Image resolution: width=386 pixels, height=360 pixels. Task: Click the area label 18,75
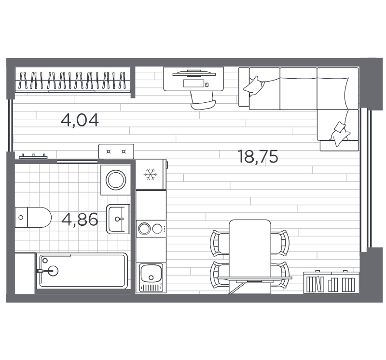tap(258, 157)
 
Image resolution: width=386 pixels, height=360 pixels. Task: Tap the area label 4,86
tap(80, 220)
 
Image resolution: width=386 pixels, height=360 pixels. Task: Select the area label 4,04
tap(80, 120)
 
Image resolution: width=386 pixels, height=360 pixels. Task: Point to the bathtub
tap(83, 271)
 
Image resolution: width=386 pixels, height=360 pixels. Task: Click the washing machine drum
tap(116, 180)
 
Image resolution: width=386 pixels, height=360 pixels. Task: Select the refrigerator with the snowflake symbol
tap(151, 174)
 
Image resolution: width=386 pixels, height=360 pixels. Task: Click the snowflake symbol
tap(151, 174)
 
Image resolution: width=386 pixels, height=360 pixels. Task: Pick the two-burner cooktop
tap(151, 228)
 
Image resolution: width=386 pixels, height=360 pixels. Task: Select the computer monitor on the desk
tap(193, 73)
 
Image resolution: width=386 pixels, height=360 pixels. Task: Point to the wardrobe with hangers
tap(73, 80)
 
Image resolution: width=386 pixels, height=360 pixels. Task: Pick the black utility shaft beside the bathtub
tap(24, 273)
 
